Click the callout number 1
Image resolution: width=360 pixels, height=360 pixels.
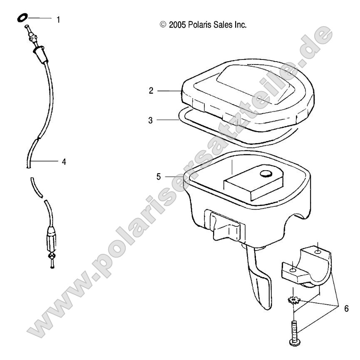[x=58, y=19]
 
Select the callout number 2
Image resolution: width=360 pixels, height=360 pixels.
[x=151, y=91]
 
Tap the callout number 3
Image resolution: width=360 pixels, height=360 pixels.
[x=151, y=120]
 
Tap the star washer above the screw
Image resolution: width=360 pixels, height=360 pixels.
[x=294, y=299]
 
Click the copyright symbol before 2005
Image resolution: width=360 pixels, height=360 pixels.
[x=163, y=25]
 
